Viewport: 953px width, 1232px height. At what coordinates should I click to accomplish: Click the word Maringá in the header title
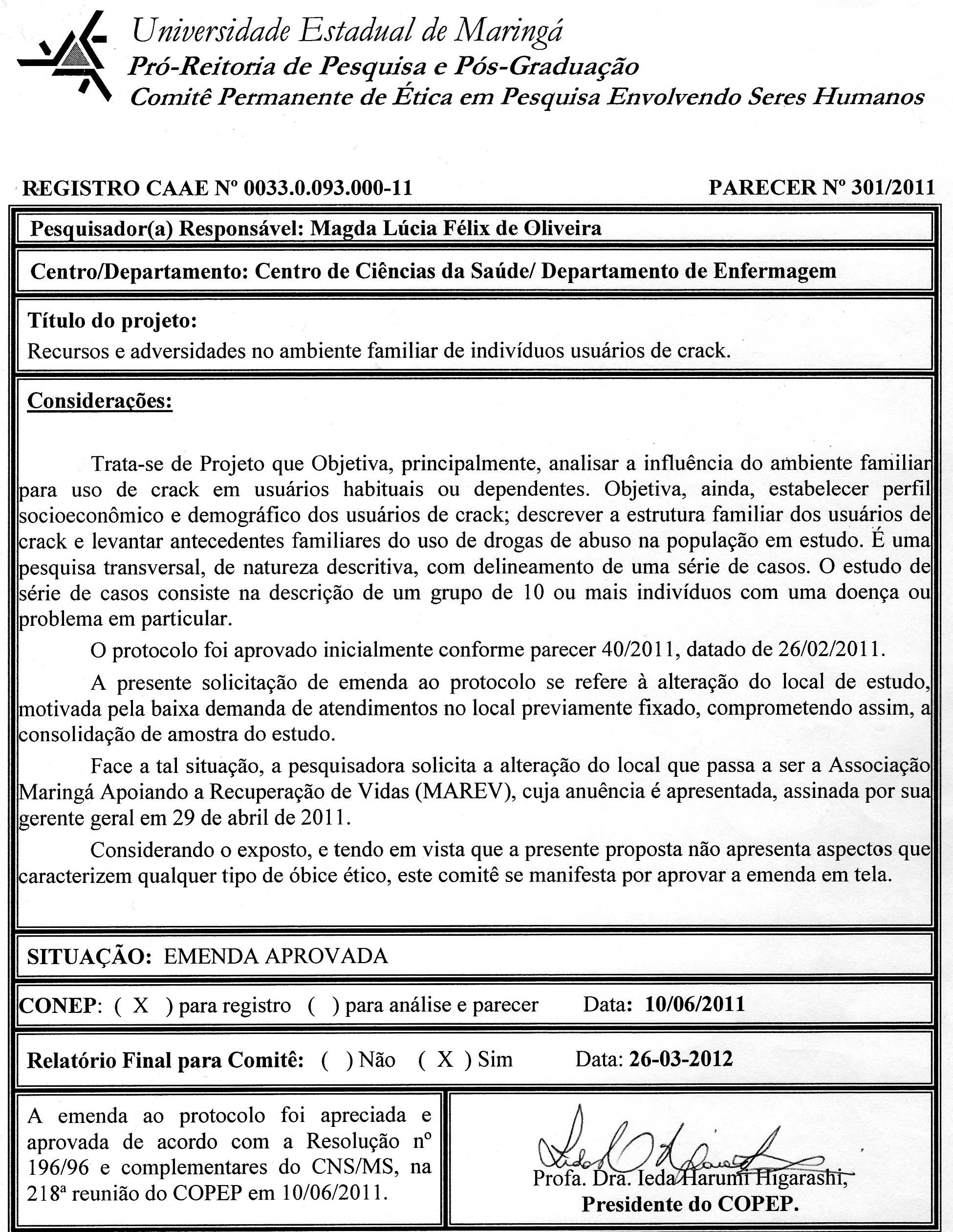point(509,31)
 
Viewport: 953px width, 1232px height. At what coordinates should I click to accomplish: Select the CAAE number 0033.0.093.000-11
point(327,188)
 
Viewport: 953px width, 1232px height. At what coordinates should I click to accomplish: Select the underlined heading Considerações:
point(100,400)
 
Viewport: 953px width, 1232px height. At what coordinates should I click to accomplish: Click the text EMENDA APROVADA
point(276,956)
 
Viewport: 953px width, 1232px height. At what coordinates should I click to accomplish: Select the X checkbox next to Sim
point(445,1059)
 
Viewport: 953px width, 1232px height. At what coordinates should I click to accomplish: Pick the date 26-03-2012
point(681,1059)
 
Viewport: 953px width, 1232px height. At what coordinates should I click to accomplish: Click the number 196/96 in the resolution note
point(58,1166)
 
